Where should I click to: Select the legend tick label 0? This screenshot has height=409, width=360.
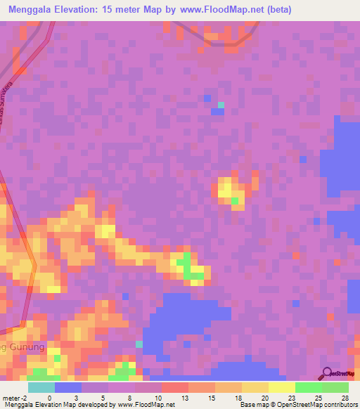click(49, 397)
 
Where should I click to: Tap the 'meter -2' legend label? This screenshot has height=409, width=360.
click(15, 397)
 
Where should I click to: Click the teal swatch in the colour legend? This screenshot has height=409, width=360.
click(41, 387)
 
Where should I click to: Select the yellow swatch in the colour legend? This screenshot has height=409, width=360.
click(281, 387)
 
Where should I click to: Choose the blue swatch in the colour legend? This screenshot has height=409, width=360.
click(67, 387)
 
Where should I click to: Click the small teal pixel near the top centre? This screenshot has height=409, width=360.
click(221, 105)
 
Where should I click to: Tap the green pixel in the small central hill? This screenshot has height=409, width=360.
click(235, 202)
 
